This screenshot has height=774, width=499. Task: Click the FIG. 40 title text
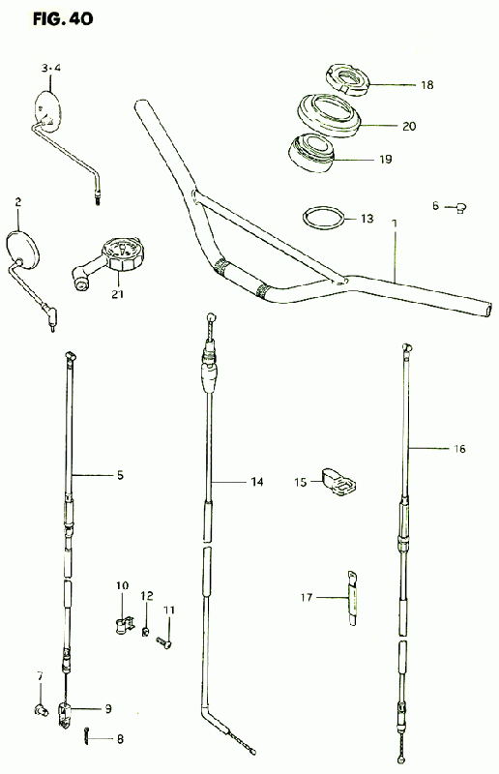(63, 19)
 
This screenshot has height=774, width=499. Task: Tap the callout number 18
(426, 85)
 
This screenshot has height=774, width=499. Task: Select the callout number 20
(409, 127)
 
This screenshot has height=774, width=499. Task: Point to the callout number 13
(367, 219)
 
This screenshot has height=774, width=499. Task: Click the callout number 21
(117, 294)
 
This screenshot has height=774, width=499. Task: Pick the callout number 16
(459, 449)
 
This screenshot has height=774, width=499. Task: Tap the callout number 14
(256, 481)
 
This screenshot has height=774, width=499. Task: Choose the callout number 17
(307, 598)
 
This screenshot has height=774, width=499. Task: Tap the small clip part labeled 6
(460, 208)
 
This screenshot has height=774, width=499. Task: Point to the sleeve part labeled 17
(352, 598)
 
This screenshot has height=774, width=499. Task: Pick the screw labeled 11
(164, 642)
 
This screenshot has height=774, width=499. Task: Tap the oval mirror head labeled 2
(22, 247)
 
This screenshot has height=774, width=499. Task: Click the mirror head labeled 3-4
(47, 110)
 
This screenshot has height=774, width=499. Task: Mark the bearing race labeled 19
(312, 153)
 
